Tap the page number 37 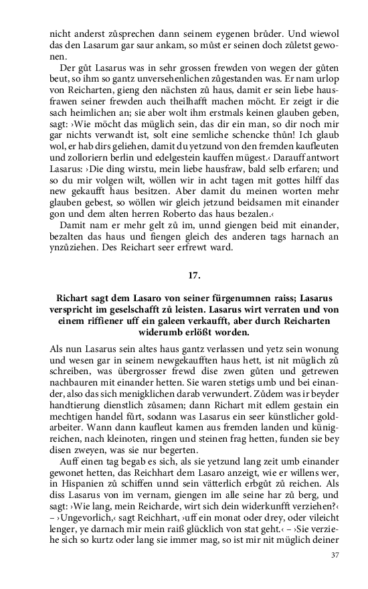(x=336, y=555)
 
